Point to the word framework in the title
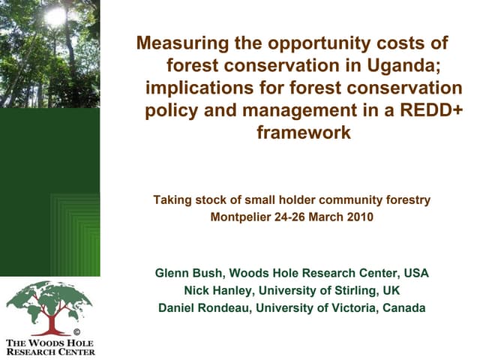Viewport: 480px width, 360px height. [x=303, y=133]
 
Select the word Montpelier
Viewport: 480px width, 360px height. [x=243, y=217]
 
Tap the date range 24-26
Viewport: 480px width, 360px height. [x=292, y=217]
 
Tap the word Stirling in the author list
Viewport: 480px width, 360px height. [x=357, y=290]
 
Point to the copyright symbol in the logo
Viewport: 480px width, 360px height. [x=76, y=331]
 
